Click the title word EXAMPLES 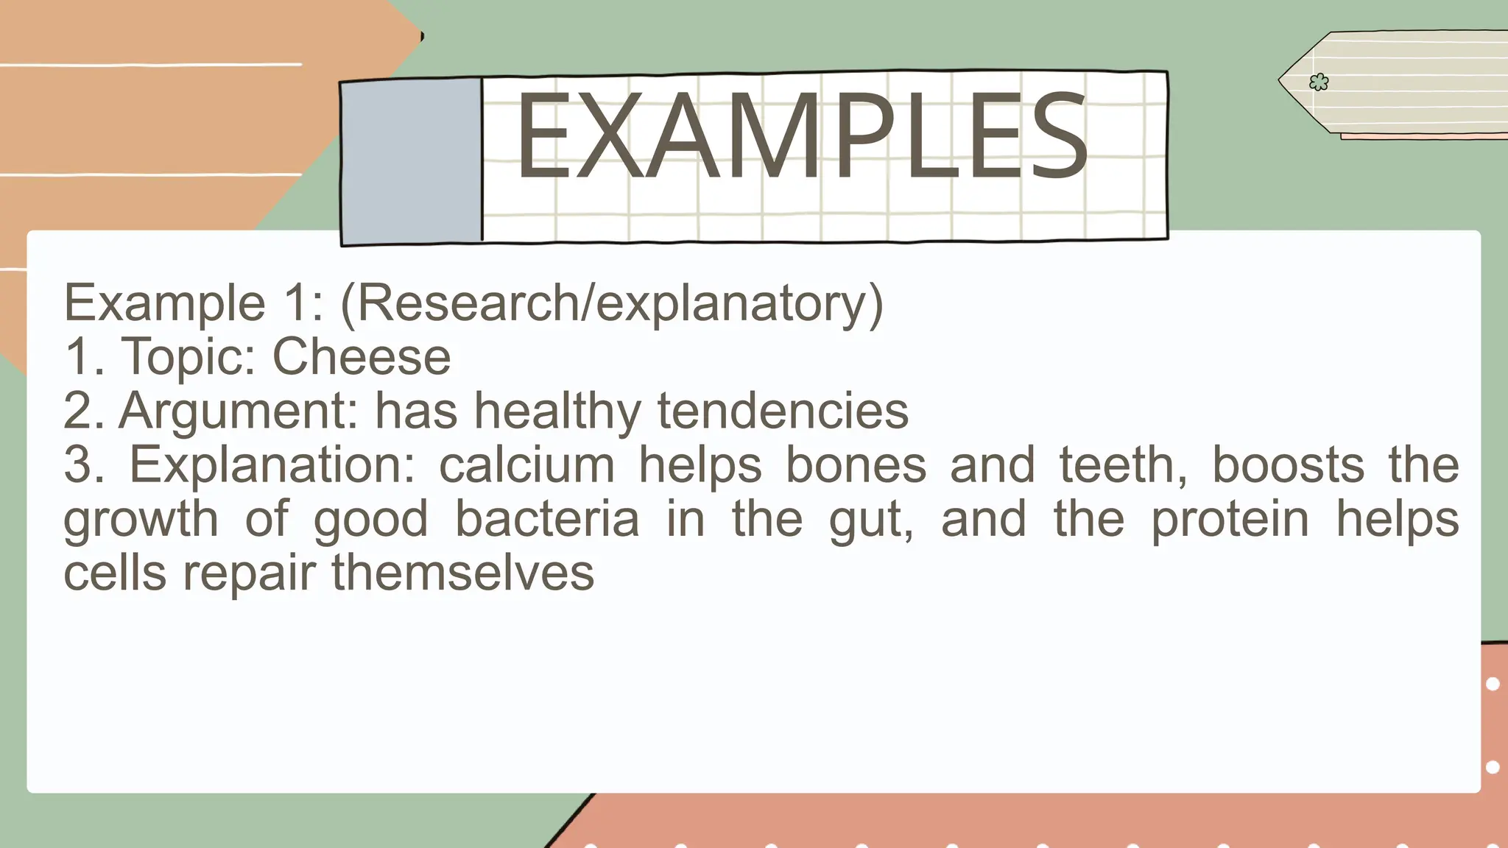(801, 137)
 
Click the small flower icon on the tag (1319, 82)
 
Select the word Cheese (362, 357)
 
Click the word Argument (239, 411)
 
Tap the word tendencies (783, 411)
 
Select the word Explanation (273, 465)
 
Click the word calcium (527, 465)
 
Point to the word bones (856, 465)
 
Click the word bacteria (547, 519)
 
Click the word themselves (462, 573)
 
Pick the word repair (250, 574)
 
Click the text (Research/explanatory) (611, 303)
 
